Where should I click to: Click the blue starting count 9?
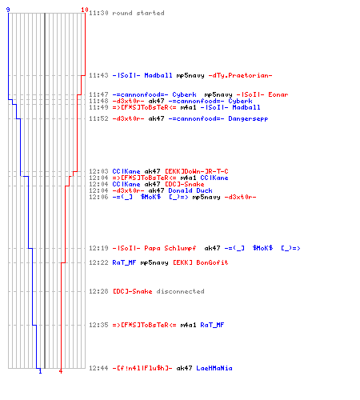(8, 10)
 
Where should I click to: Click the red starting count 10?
(85, 10)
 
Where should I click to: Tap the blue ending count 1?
(40, 371)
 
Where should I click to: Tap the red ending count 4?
(61, 371)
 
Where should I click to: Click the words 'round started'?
(138, 13)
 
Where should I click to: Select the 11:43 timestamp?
(98, 75)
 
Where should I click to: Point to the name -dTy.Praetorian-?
(240, 75)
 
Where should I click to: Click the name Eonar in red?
(278, 94)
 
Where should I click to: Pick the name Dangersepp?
(248, 118)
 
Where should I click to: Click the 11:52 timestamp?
(98, 118)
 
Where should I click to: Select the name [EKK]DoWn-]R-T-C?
(197, 171)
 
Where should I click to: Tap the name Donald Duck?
(190, 190)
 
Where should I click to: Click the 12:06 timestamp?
(98, 197)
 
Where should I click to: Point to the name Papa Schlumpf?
(170, 248)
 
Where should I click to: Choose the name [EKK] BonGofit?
(201, 262)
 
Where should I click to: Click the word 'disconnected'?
(180, 291)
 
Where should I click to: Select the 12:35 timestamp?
(98, 325)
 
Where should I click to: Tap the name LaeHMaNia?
(214, 368)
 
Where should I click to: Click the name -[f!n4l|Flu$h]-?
(142, 368)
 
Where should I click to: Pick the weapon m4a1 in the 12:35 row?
(188, 325)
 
